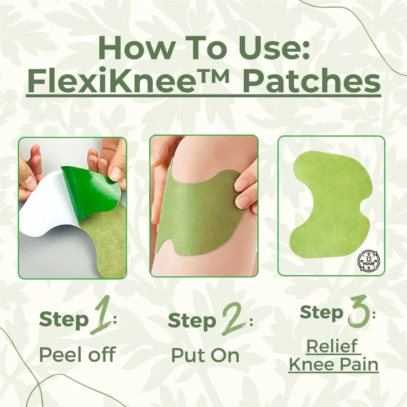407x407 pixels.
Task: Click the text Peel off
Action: coord(77,355)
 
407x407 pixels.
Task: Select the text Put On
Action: coord(205,355)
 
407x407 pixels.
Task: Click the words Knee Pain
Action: coord(334,364)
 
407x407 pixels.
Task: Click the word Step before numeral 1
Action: coord(63,320)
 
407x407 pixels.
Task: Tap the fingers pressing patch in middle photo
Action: coord(246,191)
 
